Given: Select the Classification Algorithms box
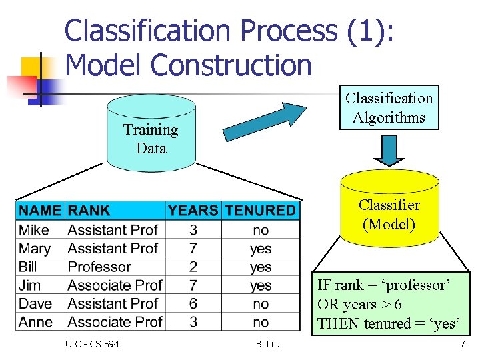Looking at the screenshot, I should [x=389, y=107].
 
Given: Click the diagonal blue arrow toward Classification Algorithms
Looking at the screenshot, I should [x=264, y=121].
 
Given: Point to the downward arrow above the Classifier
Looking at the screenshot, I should [x=389, y=149].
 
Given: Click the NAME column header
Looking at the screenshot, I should [x=40, y=211].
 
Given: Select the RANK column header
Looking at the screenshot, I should [x=89, y=211].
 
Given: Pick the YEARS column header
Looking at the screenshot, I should [x=193, y=211].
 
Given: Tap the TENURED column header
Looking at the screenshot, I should [x=260, y=211].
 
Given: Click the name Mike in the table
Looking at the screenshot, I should [x=34, y=230].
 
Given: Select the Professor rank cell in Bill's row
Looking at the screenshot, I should [x=99, y=267].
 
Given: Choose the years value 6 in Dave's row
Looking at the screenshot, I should [x=193, y=303].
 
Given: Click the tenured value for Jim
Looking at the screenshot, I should [x=261, y=285].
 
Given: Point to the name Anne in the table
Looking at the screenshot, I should [x=36, y=322].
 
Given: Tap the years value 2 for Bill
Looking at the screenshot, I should [x=193, y=267].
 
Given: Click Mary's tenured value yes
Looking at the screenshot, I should [x=261, y=249].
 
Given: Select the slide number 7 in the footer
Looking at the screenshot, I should [x=462, y=344].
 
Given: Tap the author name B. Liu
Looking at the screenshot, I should [x=267, y=344].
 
